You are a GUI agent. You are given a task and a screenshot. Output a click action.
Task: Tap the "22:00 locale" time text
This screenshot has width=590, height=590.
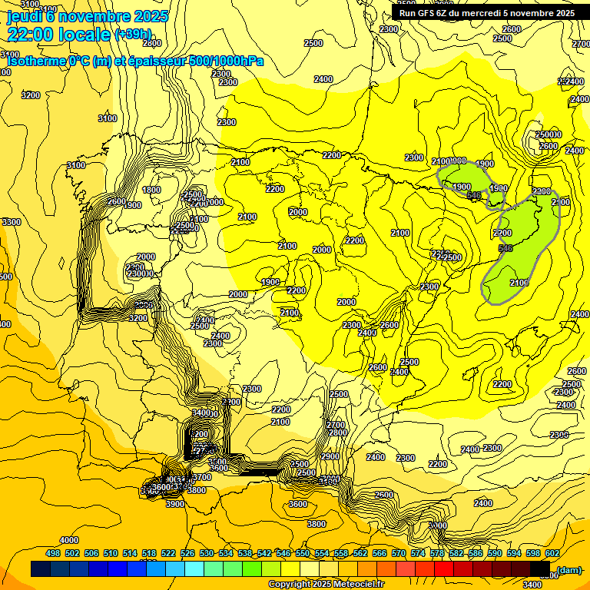coord(58,34)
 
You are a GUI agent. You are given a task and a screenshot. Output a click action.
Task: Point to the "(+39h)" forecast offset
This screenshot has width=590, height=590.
coord(134,35)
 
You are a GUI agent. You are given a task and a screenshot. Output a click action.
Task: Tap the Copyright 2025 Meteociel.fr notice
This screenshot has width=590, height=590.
coord(326,585)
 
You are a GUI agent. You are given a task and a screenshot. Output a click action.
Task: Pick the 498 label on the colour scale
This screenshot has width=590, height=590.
coord(53,553)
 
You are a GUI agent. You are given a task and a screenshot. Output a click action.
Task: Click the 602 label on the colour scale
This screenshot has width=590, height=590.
coord(552,553)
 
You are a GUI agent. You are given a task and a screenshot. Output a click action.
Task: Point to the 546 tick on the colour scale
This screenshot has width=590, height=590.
coord(283,553)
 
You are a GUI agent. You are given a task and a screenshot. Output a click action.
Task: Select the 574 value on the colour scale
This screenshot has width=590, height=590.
coord(418,553)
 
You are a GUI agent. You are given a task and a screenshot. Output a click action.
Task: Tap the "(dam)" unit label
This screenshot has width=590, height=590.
coord(569,569)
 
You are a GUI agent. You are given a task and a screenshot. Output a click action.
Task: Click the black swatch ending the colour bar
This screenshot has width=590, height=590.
coord(540,569)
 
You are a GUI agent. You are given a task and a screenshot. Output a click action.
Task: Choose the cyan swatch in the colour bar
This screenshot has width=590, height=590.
coord(194,569)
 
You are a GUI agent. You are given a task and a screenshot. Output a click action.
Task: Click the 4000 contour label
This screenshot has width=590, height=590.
coord(69,540)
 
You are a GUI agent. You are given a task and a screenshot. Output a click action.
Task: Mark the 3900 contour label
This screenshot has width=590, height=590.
coord(175,504)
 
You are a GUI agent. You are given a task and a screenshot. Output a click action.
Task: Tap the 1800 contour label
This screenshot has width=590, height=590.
coord(151,190)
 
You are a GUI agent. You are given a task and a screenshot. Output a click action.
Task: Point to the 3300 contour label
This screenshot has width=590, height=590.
coord(12,222)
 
